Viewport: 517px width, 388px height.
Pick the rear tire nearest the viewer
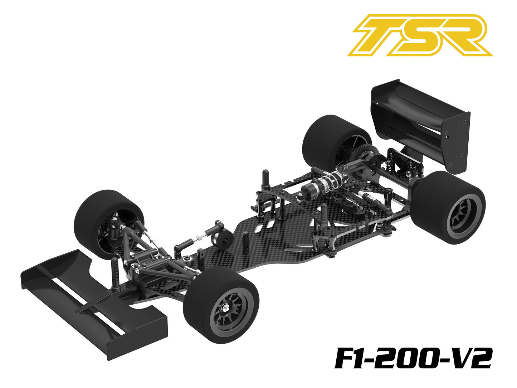449,208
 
